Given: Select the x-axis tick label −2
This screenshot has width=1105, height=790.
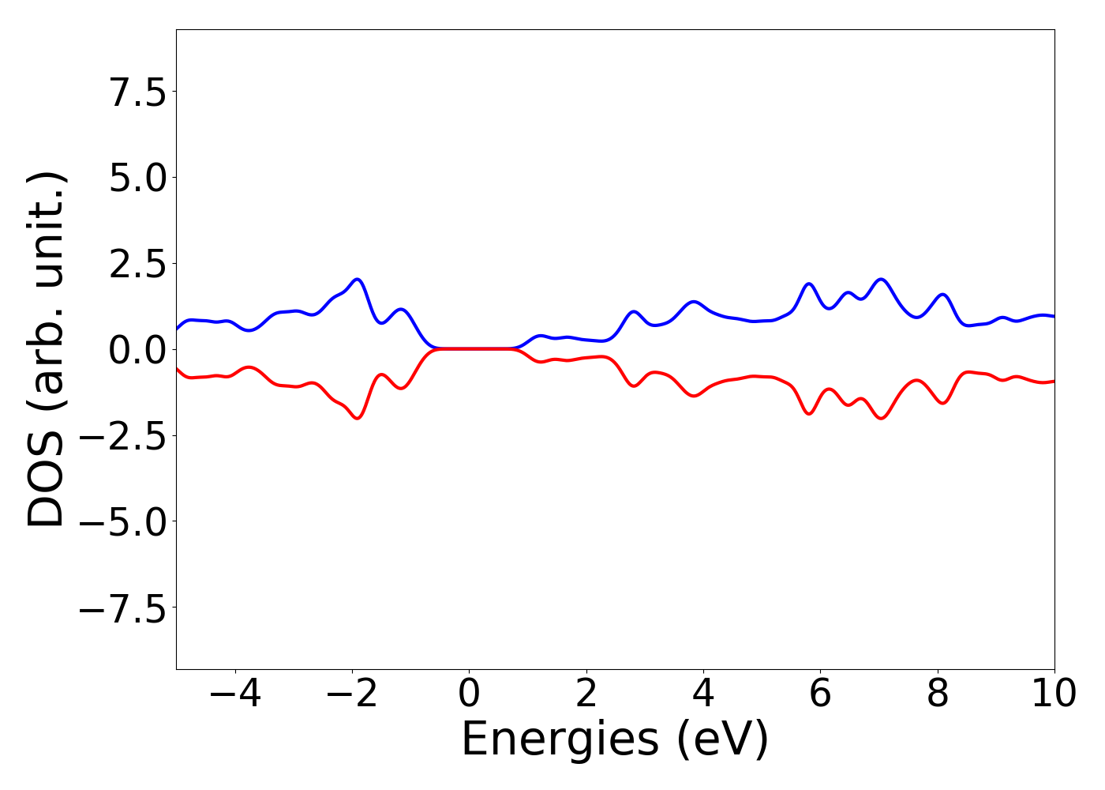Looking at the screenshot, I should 351,694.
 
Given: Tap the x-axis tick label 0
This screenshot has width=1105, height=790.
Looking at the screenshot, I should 469,694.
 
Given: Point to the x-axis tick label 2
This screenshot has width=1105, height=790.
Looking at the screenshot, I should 586,694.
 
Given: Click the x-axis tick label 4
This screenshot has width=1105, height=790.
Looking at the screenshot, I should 702,694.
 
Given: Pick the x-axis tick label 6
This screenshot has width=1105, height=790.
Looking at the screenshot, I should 820,694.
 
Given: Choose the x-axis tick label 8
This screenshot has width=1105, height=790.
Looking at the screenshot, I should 937,694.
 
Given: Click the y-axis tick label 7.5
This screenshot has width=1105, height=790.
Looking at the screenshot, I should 137,92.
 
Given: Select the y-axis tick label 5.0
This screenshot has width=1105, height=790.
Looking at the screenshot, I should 137,178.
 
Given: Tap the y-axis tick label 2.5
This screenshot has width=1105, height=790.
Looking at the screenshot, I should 137,264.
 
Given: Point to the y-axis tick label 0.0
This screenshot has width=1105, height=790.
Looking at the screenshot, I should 137,350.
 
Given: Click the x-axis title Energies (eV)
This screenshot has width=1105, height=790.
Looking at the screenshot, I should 614,740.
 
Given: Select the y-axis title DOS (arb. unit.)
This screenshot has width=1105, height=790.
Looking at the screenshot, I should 47,349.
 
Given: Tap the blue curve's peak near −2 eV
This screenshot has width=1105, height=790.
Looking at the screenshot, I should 358,279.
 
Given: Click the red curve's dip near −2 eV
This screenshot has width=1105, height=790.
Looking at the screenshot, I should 358,419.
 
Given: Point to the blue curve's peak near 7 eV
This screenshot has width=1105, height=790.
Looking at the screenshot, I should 881,279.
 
